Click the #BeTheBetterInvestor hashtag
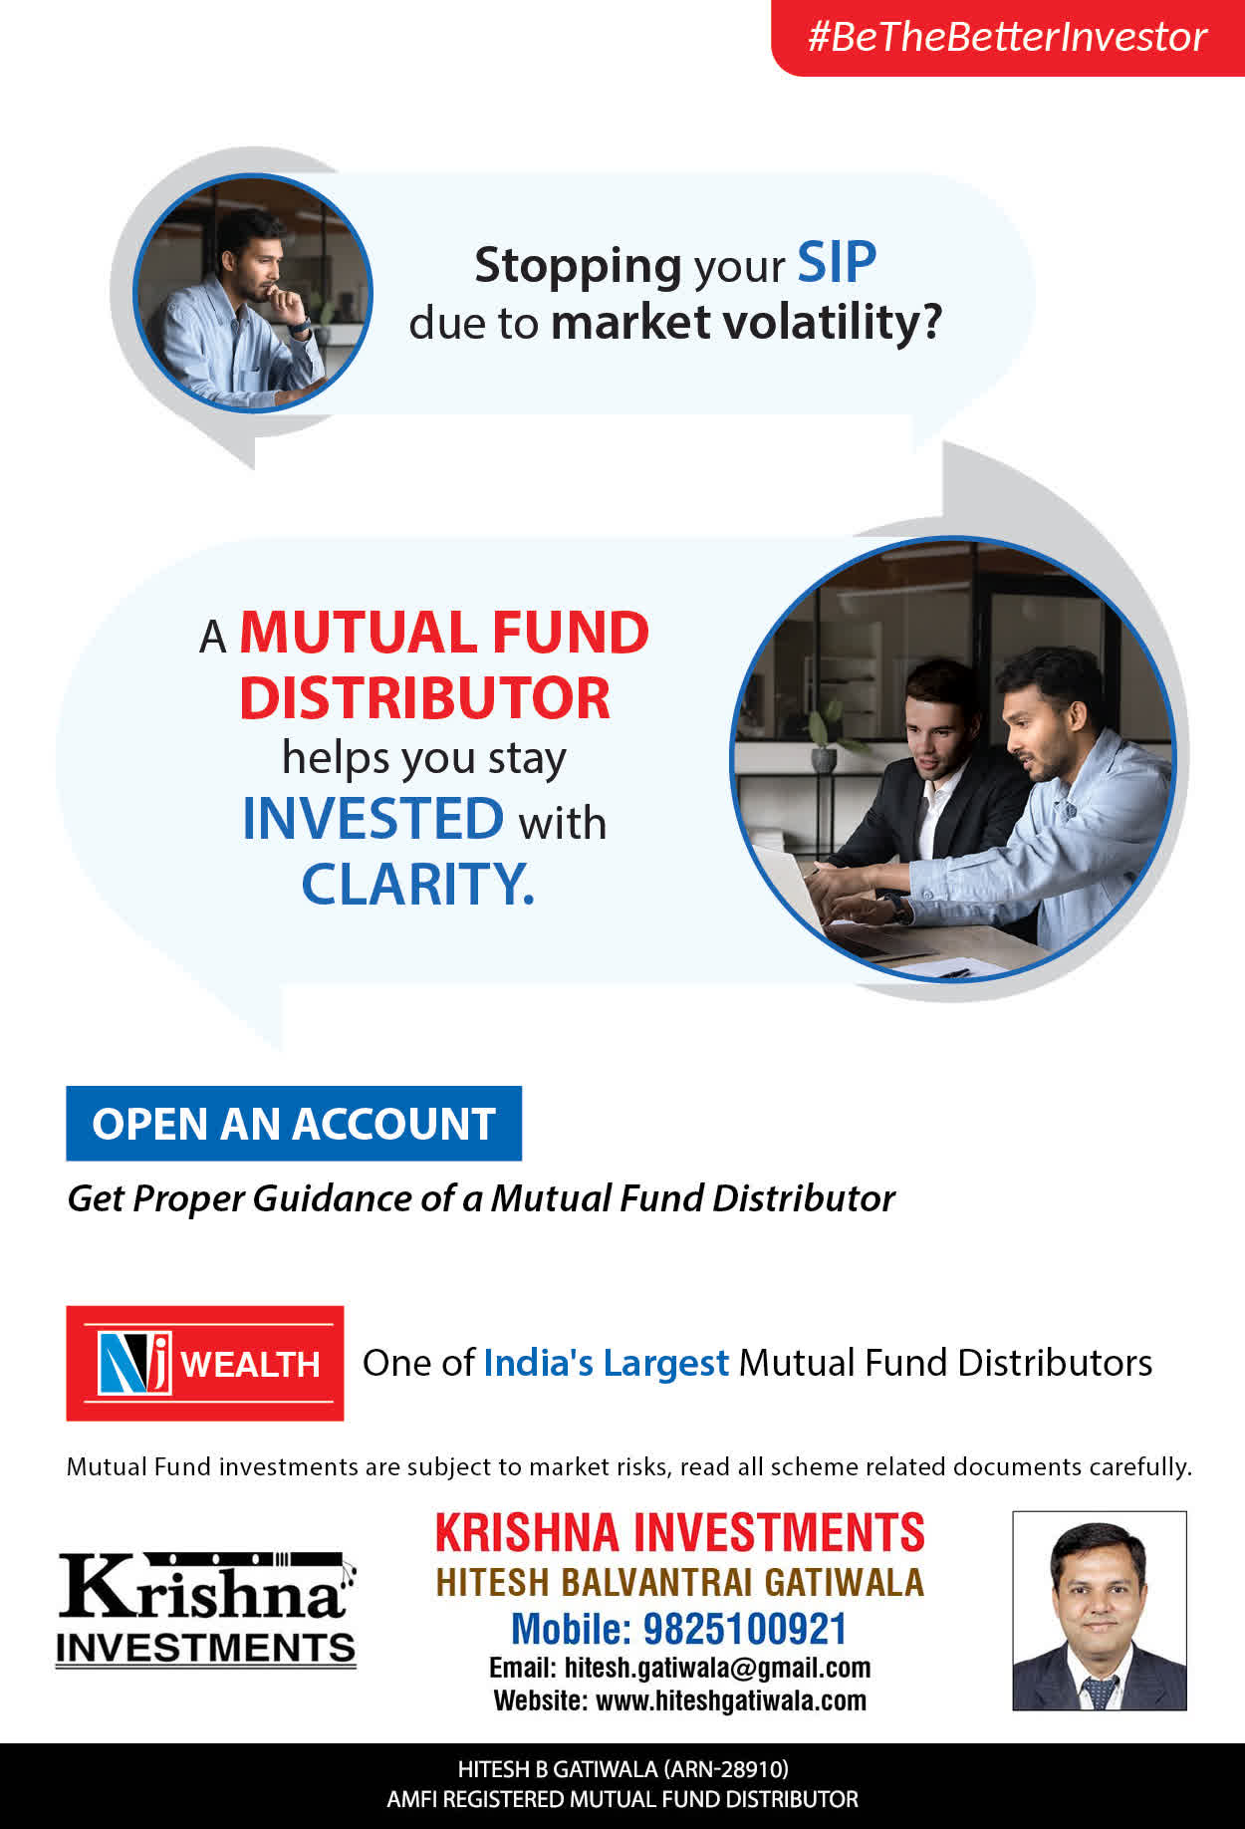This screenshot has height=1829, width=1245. tap(1007, 37)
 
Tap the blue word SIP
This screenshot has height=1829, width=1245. tap(837, 263)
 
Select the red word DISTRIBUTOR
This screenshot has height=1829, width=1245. tap(424, 697)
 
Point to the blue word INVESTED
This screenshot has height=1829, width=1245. tap(373, 819)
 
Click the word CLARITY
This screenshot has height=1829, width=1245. tap(418, 884)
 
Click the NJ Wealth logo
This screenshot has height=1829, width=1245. tap(205, 1363)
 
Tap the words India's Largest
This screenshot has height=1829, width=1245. tap(606, 1363)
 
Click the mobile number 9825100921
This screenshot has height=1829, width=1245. tap(745, 1630)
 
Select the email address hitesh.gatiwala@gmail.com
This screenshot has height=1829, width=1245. tap(717, 1668)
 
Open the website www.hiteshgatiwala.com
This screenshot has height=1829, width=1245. tap(731, 1700)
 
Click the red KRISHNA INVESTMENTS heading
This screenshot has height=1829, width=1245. tap(680, 1533)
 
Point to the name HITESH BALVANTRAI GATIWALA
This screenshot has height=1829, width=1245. tap(680, 1582)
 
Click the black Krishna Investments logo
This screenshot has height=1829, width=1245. tap(206, 1609)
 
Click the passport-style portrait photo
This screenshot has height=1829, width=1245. tap(1100, 1611)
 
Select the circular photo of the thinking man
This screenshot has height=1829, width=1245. tap(253, 293)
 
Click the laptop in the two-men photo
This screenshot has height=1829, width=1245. tap(797, 887)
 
